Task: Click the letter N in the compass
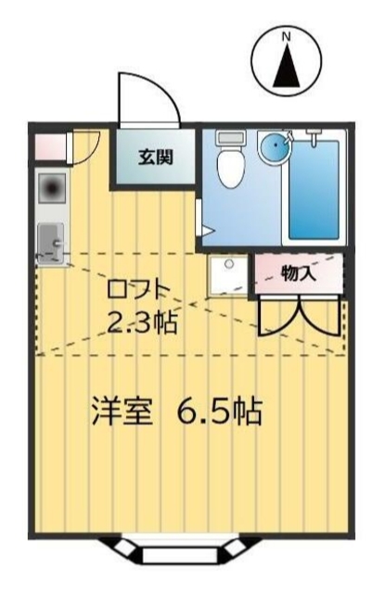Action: point(287,36)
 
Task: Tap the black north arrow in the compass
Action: point(287,66)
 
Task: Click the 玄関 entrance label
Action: point(155,158)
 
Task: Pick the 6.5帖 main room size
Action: point(219,410)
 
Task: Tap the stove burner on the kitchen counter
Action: point(50,189)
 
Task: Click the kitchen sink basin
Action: point(50,240)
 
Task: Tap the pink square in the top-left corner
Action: point(48,147)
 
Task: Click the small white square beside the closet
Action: point(227,275)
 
